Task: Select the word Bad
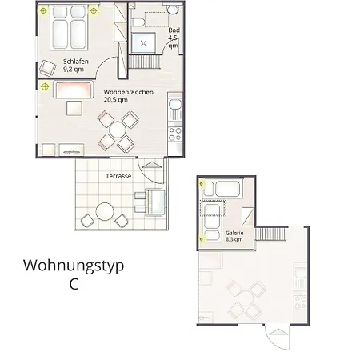(174, 30)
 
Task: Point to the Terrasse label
(118, 174)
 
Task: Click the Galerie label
(234, 231)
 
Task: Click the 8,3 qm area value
(234, 239)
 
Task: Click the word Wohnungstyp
(74, 266)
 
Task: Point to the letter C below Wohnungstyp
(74, 286)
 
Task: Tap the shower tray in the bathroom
(145, 43)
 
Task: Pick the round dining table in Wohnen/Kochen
(117, 129)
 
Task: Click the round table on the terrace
(105, 213)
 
